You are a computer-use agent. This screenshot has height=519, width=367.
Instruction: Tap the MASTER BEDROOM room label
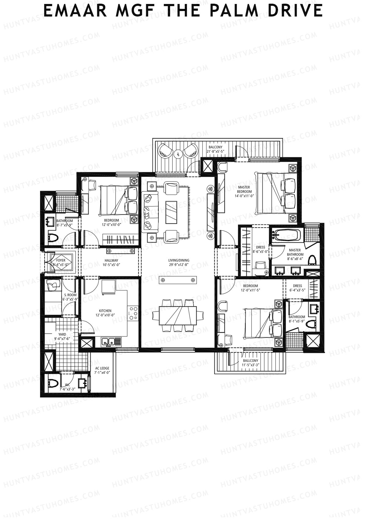(244, 189)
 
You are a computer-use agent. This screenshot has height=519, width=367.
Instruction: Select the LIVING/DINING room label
(179, 260)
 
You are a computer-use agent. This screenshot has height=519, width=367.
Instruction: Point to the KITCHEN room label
(105, 311)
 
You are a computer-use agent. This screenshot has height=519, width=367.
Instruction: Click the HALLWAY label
(111, 261)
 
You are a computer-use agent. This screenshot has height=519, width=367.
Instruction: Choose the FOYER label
(61, 261)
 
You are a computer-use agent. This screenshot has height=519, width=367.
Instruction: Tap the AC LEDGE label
(102, 368)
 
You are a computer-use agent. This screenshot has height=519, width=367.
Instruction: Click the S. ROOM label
(70, 295)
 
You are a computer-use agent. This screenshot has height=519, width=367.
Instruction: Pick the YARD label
(62, 334)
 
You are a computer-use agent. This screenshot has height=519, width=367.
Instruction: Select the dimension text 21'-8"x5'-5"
(216, 151)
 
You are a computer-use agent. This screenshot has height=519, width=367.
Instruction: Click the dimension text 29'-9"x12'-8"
(179, 265)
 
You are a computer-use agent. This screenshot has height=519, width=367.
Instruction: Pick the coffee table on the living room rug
(171, 212)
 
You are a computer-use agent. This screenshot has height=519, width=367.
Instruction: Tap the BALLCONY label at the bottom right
(250, 361)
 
